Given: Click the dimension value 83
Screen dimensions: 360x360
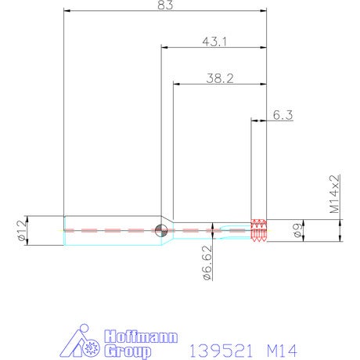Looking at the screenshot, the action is tap(165, 5).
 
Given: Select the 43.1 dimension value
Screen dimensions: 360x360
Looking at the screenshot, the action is tap(214, 41).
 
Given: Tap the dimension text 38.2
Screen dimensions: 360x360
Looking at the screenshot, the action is tap(220, 78).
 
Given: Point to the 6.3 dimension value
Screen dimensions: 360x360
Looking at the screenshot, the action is tap(283, 115).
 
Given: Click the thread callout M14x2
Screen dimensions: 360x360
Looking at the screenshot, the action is tap(335, 194).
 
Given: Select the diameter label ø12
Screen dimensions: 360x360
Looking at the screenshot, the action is tap(22, 230).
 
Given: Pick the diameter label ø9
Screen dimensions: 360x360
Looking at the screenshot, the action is tap(298, 231).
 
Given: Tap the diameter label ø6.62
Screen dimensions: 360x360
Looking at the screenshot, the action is tap(207, 263).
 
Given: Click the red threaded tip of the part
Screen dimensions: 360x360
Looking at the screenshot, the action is tap(258, 231).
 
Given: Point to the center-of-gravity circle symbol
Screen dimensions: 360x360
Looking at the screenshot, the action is tap(161, 230).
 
